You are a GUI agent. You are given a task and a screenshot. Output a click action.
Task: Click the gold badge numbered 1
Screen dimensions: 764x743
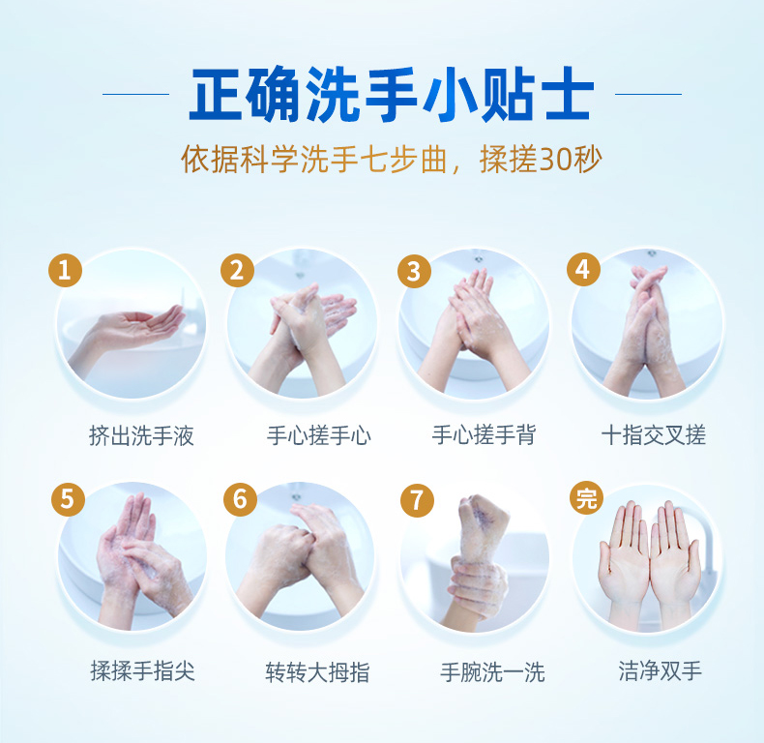(65, 270)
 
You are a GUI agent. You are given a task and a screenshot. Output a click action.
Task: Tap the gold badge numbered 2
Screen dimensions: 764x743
(237, 270)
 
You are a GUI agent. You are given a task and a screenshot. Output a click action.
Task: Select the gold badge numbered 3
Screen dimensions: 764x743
(414, 271)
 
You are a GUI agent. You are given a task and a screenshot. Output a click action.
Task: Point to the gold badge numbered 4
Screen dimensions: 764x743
(583, 269)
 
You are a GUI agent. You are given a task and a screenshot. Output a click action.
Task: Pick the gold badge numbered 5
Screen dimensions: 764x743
(69, 499)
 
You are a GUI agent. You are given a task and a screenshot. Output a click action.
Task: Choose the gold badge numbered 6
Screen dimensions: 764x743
(240, 499)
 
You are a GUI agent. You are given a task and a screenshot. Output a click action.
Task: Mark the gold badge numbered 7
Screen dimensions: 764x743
(417, 500)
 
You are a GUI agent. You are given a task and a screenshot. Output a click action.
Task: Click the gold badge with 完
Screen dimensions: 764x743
(586, 498)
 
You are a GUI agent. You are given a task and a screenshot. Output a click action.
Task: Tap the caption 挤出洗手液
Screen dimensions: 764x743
(141, 435)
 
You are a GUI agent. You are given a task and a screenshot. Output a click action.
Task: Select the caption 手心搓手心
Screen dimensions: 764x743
(319, 435)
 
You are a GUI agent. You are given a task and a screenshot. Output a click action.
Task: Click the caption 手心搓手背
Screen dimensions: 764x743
(484, 435)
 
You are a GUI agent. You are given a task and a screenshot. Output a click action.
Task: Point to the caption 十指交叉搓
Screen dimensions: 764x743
(654, 435)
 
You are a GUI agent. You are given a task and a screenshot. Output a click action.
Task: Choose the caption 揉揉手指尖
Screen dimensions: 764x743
(143, 670)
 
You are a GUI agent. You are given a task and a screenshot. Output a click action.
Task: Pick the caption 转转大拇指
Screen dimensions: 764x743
(317, 672)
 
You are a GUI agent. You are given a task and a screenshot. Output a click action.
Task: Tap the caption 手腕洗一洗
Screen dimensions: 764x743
(492, 672)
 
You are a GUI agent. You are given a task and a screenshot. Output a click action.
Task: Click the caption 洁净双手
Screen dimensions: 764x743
(661, 670)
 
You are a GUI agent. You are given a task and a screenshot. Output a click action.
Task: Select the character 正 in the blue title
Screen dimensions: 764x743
(216, 94)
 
